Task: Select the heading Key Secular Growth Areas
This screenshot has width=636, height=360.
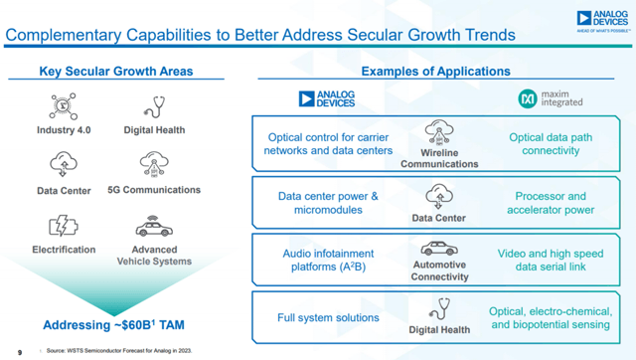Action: [x=115, y=72]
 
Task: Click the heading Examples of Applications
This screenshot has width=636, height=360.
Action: [x=435, y=72]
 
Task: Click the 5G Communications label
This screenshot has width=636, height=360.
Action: [x=154, y=190]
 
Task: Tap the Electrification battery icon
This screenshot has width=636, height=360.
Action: [x=64, y=226]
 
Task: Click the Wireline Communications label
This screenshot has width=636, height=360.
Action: [x=438, y=158]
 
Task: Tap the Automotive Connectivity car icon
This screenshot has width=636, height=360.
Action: [x=438, y=248]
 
